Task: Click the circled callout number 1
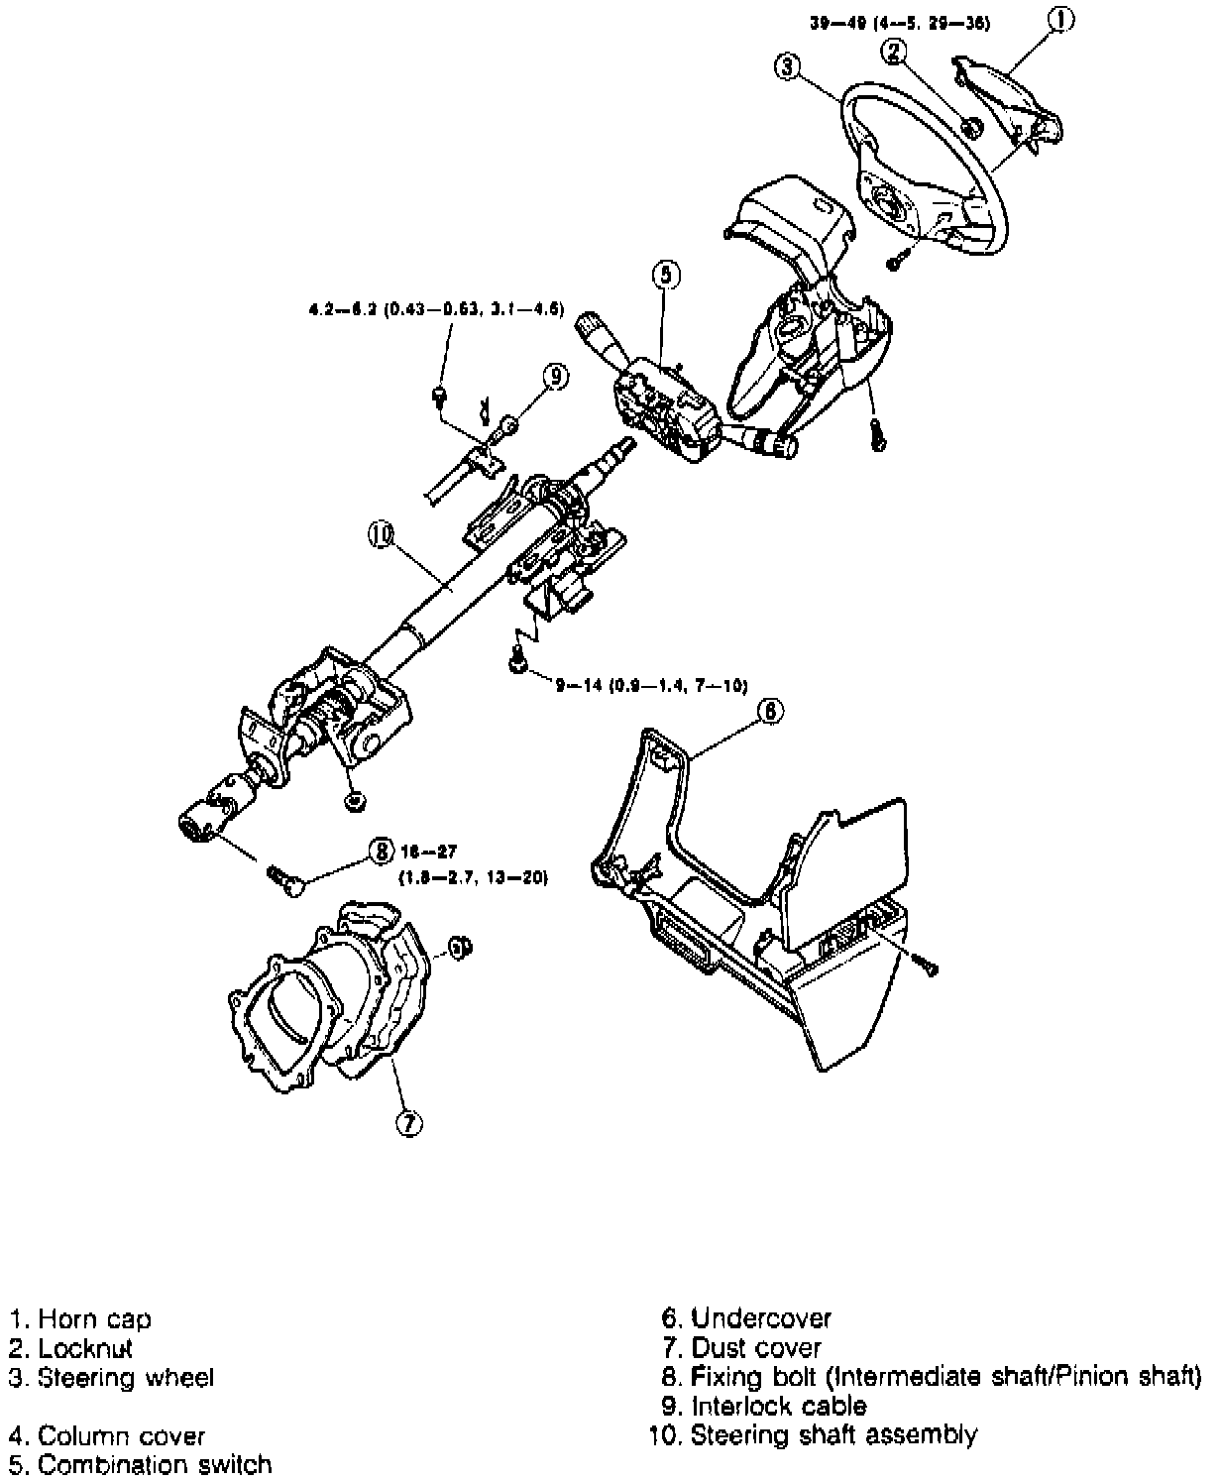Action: click(x=1060, y=20)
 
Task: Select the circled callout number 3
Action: click(x=786, y=66)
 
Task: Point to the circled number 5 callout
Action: click(x=666, y=275)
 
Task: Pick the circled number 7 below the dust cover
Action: click(x=407, y=1122)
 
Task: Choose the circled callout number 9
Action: click(x=555, y=375)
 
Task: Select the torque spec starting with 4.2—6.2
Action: click(x=436, y=309)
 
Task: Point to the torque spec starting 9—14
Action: click(x=650, y=684)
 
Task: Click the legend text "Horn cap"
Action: click(x=94, y=1319)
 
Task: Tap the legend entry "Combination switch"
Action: click(x=154, y=1464)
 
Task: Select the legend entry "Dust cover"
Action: click(x=756, y=1348)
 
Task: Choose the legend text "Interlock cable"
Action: click(x=779, y=1406)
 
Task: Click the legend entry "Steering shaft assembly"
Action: click(x=833, y=1434)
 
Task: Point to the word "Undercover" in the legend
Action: click(x=761, y=1318)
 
